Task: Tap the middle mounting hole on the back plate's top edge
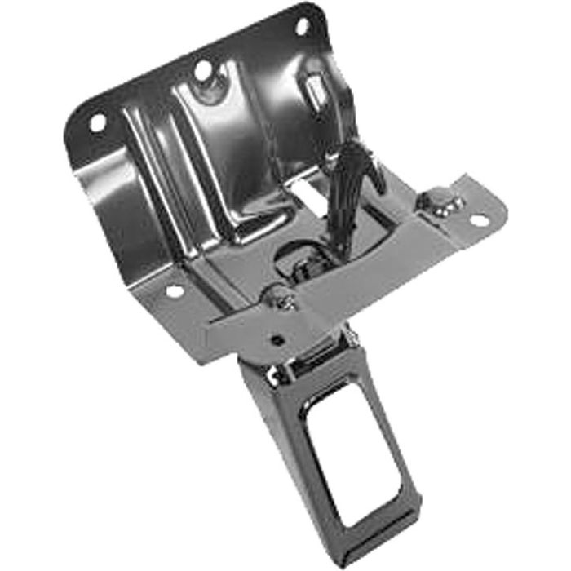tap(201, 70)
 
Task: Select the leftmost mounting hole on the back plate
tap(97, 123)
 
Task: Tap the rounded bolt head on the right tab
tap(438, 200)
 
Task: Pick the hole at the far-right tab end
tap(479, 219)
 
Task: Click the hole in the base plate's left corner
tap(173, 290)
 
